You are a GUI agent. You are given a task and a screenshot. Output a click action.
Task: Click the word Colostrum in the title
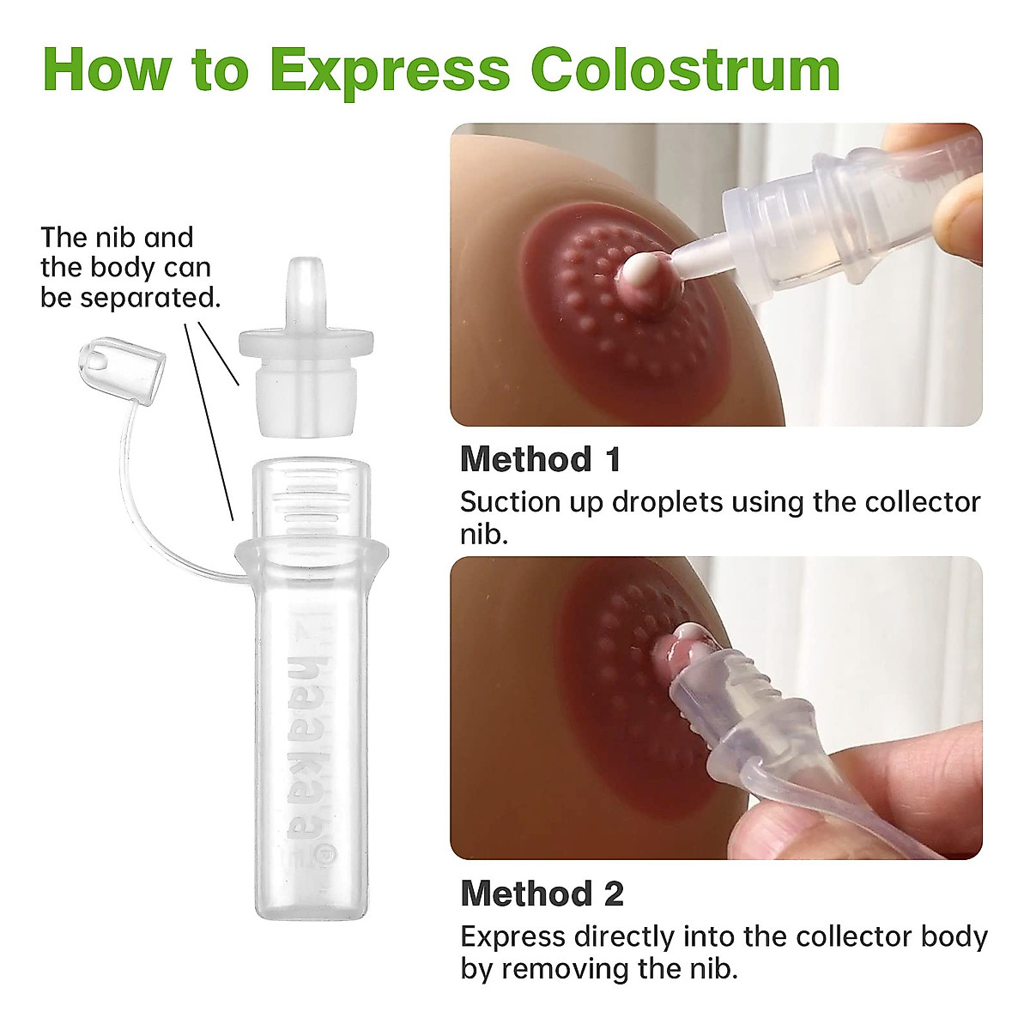tap(685, 70)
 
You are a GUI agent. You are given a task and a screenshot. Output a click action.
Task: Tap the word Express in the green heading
tap(391, 70)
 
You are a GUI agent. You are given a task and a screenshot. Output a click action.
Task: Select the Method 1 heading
tap(540, 459)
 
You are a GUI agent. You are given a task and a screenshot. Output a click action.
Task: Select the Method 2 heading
tap(542, 894)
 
